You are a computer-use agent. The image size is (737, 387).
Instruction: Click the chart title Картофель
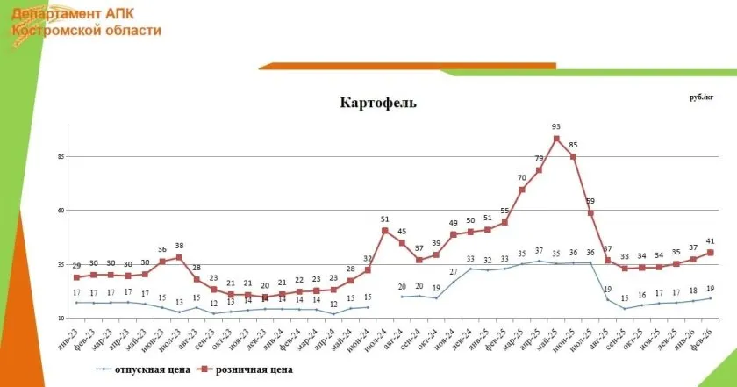click(x=378, y=102)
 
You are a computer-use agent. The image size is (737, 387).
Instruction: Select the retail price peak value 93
click(x=556, y=126)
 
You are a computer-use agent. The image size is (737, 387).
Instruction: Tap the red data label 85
click(x=573, y=145)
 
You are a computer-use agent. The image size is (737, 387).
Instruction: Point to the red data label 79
click(x=540, y=158)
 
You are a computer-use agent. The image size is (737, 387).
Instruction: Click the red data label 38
click(x=179, y=246)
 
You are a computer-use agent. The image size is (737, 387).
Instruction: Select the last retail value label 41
click(x=711, y=240)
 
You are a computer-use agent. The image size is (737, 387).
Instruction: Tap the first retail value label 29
click(x=76, y=265)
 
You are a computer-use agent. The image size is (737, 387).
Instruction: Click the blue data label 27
click(x=454, y=272)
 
